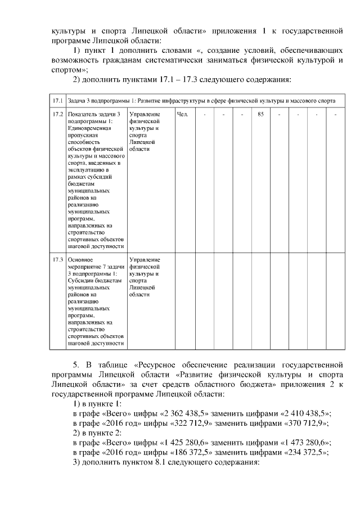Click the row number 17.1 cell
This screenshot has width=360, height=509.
(57, 101)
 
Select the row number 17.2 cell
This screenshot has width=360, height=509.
(57, 114)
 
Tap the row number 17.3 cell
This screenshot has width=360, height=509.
(57, 260)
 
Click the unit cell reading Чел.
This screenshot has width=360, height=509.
(182, 114)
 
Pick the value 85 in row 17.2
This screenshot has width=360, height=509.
(260, 114)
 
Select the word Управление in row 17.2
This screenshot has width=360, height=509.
(144, 114)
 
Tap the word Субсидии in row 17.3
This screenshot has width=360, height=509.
(79, 281)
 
